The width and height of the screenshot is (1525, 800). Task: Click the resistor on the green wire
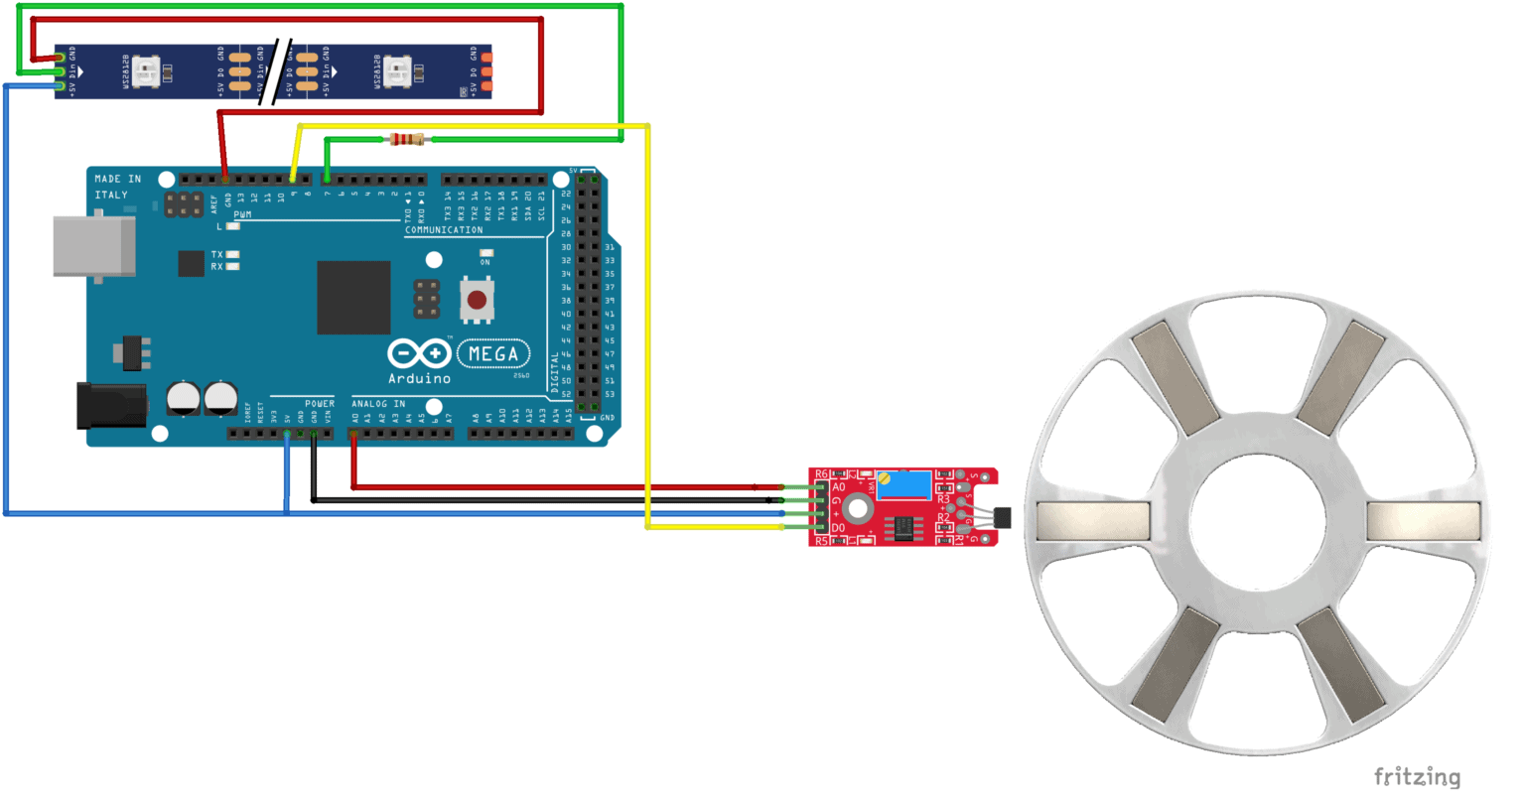[408, 139]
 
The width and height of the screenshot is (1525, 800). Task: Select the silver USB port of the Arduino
[94, 247]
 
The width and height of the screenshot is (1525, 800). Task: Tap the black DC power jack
[111, 406]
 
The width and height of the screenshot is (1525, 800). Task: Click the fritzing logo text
[1417, 776]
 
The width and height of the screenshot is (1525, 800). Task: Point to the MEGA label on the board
[493, 353]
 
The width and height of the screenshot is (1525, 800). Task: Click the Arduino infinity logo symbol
[419, 354]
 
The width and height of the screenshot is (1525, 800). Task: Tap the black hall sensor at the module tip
[1003, 516]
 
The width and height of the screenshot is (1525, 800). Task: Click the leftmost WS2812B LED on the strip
[146, 70]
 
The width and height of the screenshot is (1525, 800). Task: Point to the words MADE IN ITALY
[118, 187]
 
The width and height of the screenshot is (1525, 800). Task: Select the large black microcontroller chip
[353, 298]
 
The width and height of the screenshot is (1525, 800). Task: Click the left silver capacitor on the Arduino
[184, 398]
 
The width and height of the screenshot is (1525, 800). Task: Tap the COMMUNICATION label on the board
[444, 229]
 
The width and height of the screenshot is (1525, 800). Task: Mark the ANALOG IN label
[378, 404]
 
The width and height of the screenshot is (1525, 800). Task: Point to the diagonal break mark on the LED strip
[274, 71]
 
